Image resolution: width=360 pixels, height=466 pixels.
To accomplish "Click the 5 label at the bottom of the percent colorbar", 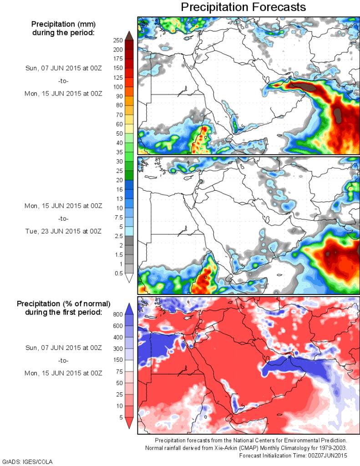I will coord(120,417).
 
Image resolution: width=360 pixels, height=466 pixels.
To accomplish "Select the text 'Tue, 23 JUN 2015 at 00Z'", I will coord(63,231).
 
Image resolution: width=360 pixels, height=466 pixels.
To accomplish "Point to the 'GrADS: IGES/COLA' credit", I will coord(28,461).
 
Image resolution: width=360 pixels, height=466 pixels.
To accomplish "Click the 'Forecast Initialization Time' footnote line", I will coord(293,455).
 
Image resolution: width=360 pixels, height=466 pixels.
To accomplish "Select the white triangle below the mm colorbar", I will coord(129,278).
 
